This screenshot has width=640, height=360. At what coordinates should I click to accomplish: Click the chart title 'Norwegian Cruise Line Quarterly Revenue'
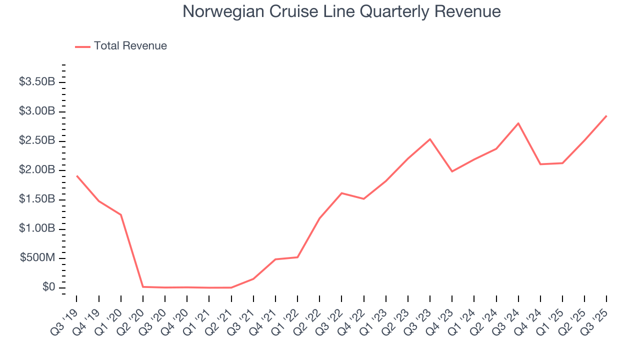(341, 11)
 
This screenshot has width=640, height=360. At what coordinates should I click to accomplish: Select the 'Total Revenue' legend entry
(130, 46)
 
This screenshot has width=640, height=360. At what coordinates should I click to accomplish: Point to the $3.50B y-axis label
(37, 82)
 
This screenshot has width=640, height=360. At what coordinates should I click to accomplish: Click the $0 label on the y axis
(47, 287)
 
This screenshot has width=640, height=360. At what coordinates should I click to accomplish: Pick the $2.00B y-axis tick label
(37, 170)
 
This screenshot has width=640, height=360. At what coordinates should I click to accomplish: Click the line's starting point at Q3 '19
(77, 176)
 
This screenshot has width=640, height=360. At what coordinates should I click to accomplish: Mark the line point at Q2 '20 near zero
(143, 286)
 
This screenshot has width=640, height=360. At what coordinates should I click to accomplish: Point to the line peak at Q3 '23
(430, 139)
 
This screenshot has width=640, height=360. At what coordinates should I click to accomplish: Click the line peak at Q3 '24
(518, 123)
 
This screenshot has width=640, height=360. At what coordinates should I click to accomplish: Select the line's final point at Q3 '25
(606, 116)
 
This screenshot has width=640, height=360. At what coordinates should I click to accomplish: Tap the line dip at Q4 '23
(452, 171)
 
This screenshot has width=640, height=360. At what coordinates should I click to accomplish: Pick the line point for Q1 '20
(121, 214)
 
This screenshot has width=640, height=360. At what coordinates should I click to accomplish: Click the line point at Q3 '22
(341, 193)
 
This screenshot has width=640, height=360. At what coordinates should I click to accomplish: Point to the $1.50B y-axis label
(37, 199)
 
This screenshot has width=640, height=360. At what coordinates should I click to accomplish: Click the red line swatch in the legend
(82, 46)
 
